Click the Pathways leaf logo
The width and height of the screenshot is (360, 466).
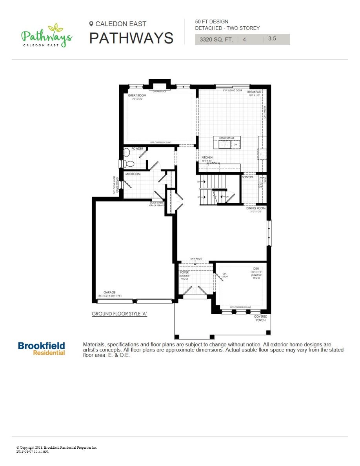pyautogui.click(x=46, y=36)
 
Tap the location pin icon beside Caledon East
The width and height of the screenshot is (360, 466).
pyautogui.click(x=91, y=24)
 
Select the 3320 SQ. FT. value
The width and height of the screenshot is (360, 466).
pyautogui.click(x=216, y=39)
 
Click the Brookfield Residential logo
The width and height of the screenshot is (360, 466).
pyautogui.click(x=42, y=348)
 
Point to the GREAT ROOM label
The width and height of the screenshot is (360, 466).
pyautogui.click(x=137, y=95)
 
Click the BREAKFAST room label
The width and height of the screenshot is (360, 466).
pyautogui.click(x=255, y=92)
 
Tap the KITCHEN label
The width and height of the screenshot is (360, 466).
pyautogui.click(x=207, y=157)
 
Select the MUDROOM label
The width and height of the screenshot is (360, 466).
pyautogui.click(x=133, y=174)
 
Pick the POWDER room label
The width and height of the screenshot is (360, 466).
pyautogui.click(x=137, y=149)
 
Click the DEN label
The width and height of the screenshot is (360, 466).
pyautogui.click(x=256, y=269)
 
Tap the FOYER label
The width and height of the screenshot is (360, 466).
pyautogui.click(x=184, y=272)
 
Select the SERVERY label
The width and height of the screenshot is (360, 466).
pyautogui.click(x=247, y=177)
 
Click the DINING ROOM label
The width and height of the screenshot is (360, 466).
pyautogui.click(x=256, y=208)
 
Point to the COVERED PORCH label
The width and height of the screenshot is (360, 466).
pyautogui.click(x=260, y=318)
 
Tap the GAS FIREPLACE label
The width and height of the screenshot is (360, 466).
pyautogui.click(x=160, y=91)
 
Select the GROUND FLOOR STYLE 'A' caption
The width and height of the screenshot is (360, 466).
pyautogui.click(x=119, y=314)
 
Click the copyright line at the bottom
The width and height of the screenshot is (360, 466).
pyautogui.click(x=57, y=447)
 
